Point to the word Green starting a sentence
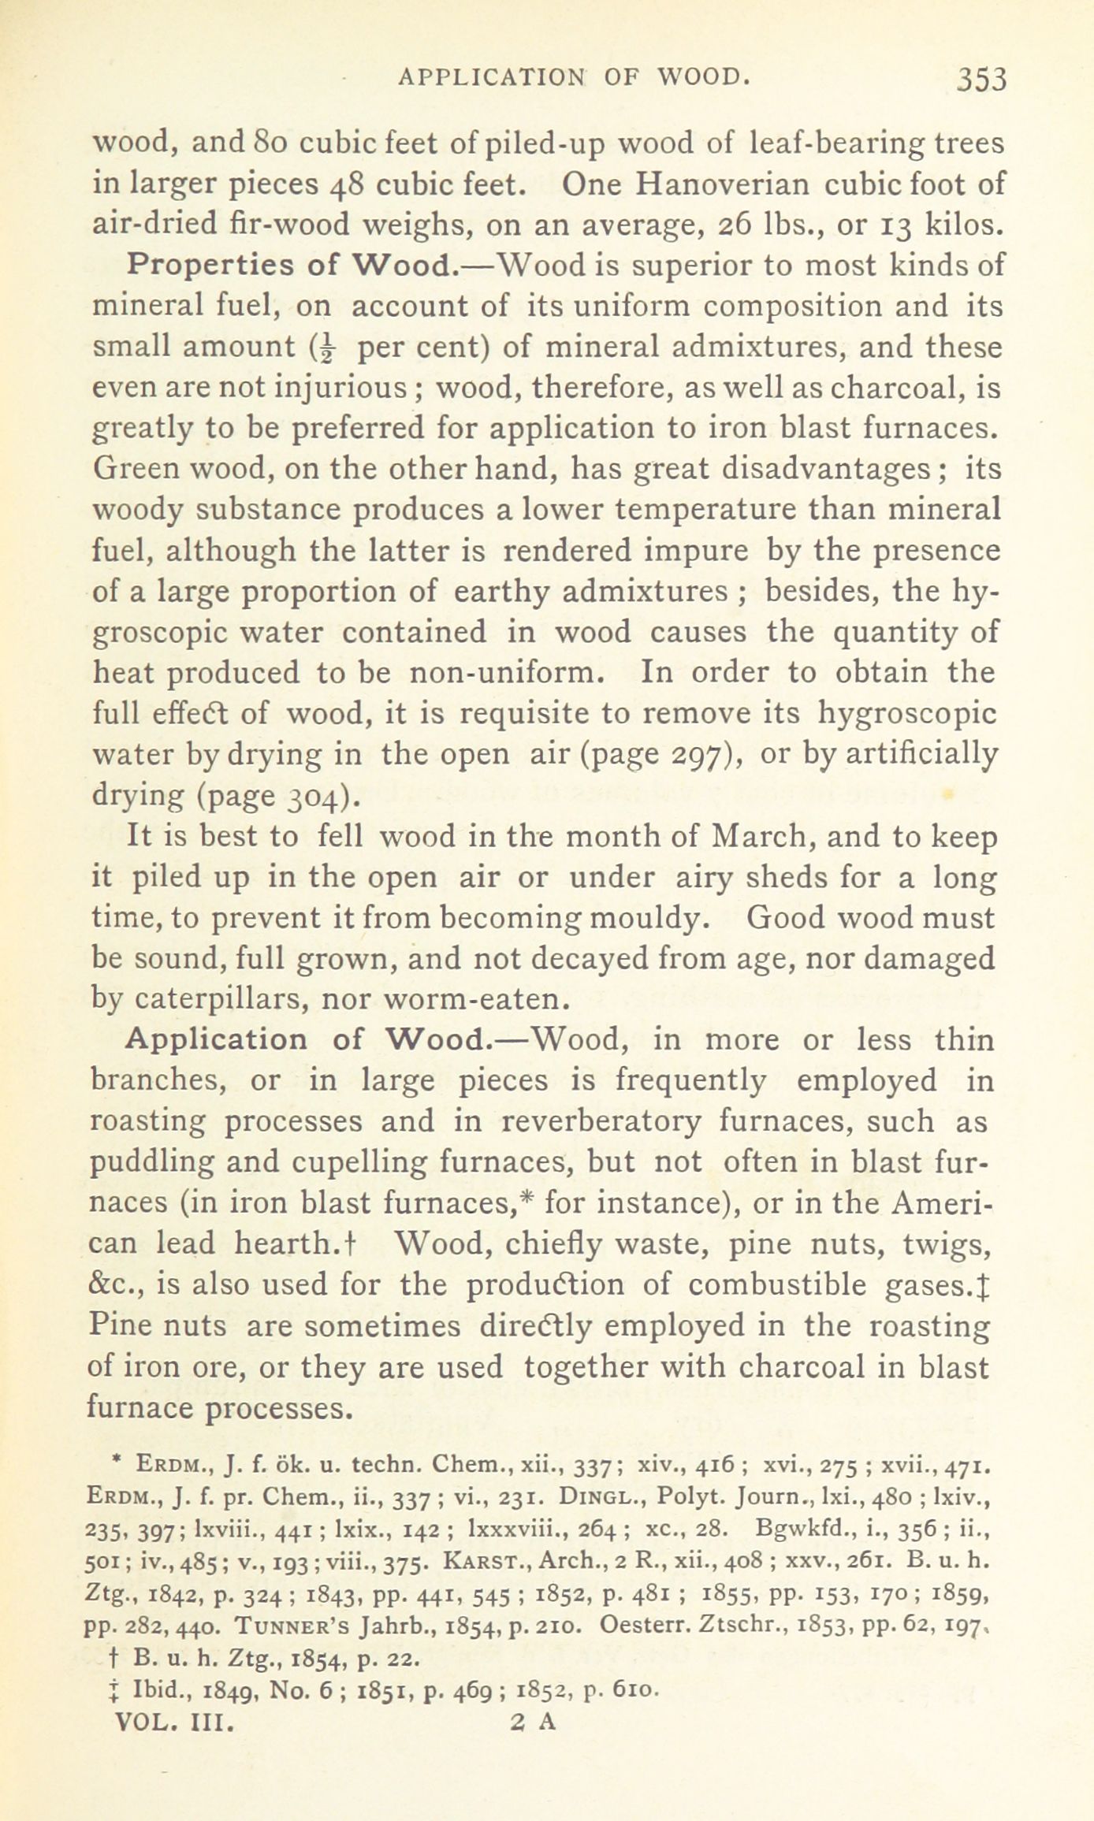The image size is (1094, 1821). pyautogui.click(x=135, y=470)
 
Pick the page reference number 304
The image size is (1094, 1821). pyautogui.click(x=312, y=797)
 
